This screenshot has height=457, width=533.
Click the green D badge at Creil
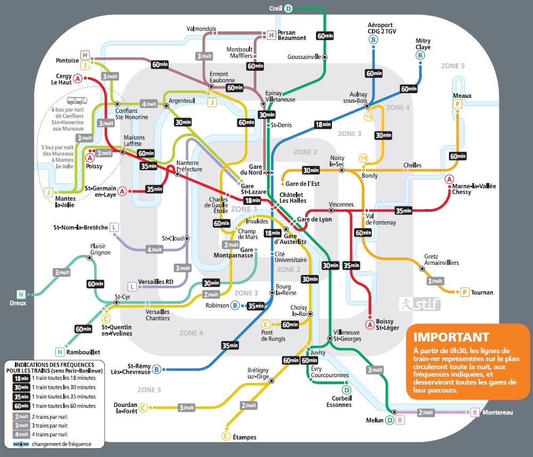click(x=288, y=9)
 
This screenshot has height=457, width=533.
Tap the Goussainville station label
click(x=304, y=57)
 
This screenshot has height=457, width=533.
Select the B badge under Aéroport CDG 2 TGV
click(x=373, y=40)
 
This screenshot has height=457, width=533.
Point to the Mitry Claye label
click(x=423, y=44)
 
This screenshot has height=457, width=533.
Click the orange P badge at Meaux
click(x=457, y=104)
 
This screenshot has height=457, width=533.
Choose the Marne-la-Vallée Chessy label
click(x=473, y=189)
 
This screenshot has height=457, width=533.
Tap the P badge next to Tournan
click(x=465, y=292)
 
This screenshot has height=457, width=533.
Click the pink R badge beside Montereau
click(x=475, y=412)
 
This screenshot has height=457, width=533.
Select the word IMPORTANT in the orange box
click(x=451, y=337)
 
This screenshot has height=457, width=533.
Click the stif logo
click(x=420, y=304)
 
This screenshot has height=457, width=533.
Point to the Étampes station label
click(x=244, y=437)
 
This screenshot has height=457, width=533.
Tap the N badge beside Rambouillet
click(x=60, y=352)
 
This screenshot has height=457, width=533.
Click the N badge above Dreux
click(x=21, y=294)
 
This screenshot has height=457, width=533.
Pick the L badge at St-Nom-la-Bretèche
click(x=114, y=228)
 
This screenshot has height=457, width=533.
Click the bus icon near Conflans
click(x=77, y=101)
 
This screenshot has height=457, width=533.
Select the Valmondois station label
click(x=201, y=29)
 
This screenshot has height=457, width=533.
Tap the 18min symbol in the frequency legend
click(x=21, y=378)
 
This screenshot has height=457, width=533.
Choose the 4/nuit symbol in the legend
click(x=21, y=434)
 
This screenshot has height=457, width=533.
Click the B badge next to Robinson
click(x=235, y=305)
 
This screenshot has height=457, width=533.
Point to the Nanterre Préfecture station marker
click(x=178, y=174)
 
